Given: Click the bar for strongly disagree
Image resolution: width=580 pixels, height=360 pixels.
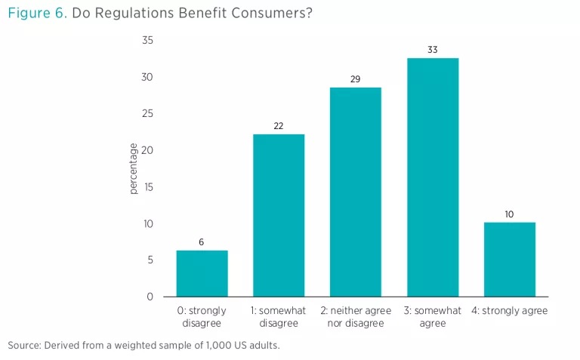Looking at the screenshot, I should [202, 273].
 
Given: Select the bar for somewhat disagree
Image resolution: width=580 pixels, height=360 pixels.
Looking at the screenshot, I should [279, 215].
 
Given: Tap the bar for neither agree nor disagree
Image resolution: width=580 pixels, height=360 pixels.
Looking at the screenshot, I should [356, 192].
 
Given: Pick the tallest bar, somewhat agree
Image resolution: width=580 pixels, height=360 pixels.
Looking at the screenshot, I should [433, 177].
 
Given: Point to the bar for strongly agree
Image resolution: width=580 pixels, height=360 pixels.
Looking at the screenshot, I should [509, 259].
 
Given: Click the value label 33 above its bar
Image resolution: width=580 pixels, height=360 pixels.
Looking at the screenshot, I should [433, 50].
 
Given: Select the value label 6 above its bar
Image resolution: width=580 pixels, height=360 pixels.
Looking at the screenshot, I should [202, 242].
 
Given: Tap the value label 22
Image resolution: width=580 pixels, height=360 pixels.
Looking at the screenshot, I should [279, 126].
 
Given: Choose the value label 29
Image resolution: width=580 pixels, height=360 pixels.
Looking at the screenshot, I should [356, 79].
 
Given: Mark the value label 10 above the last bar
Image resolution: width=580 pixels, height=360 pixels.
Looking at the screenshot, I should [509, 214].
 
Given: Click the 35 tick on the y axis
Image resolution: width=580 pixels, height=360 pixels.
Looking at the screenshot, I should [147, 40].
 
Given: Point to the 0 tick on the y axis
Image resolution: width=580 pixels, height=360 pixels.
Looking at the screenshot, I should [150, 297].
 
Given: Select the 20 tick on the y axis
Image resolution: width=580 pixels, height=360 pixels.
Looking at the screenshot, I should [147, 150].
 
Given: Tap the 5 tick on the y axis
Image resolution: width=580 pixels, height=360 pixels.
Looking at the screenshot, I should [150, 260].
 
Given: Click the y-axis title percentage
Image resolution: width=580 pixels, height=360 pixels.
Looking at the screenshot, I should [134, 168].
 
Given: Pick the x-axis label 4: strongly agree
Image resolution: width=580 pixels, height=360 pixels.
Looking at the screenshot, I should [509, 311].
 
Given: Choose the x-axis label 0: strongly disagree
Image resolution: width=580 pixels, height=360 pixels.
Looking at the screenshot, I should [202, 317].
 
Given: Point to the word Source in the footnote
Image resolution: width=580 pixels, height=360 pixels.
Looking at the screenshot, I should [23, 346].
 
